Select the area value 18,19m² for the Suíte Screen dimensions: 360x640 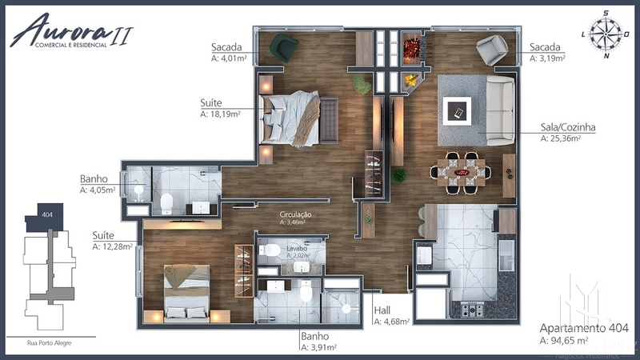click(221, 114)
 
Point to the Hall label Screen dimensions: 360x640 click(383, 310)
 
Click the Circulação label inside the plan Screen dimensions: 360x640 click(295, 215)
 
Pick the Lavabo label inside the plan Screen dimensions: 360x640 click(298, 250)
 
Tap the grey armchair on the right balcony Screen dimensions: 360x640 click(490, 50)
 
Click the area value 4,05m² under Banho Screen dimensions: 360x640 click(98, 190)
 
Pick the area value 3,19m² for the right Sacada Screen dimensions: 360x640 click(548, 58)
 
